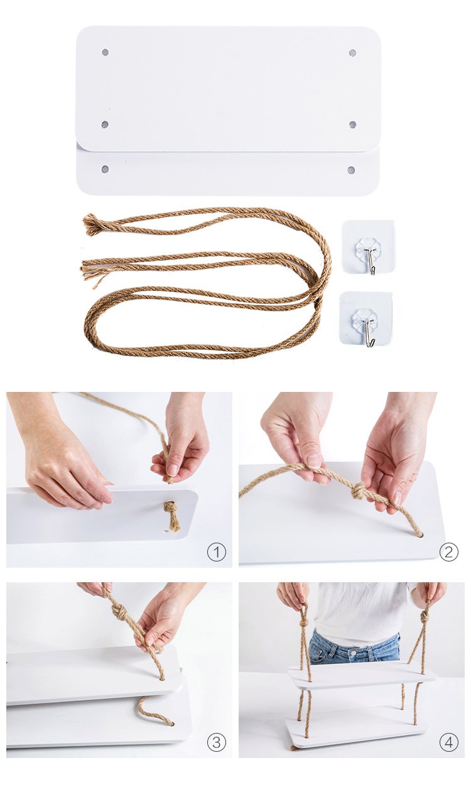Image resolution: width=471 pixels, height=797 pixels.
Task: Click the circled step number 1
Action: [x=216, y=552]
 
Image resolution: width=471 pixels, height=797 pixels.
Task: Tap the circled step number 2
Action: [x=448, y=552]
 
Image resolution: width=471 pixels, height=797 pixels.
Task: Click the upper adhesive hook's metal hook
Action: [x=371, y=261]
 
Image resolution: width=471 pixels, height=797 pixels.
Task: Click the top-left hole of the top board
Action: [x=105, y=52]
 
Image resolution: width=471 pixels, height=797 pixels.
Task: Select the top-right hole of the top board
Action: [x=352, y=53]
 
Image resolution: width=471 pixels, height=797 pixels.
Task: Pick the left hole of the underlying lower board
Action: [x=105, y=169]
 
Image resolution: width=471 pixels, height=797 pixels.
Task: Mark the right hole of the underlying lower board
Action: [x=351, y=170]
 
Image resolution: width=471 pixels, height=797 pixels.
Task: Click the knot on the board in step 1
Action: [x=171, y=509]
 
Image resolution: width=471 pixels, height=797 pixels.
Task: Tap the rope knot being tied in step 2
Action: [x=359, y=491]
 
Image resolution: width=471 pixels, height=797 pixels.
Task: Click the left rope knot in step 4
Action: [x=303, y=624]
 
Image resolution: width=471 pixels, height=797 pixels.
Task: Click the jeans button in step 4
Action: [x=354, y=653]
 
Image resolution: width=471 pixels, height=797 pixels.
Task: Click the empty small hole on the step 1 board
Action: [x=166, y=532]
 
